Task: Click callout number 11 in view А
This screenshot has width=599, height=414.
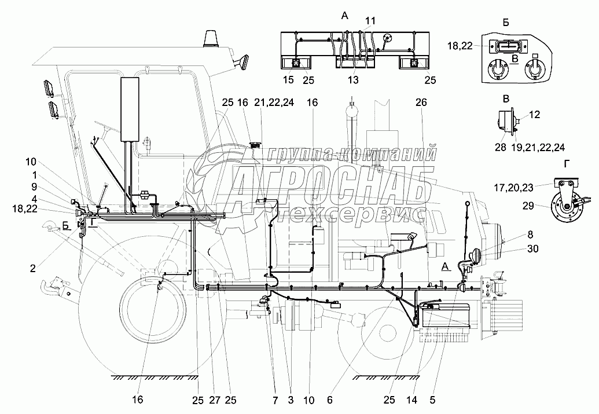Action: pyautogui.click(x=370, y=20)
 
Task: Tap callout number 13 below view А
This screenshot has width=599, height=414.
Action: pyautogui.click(x=353, y=79)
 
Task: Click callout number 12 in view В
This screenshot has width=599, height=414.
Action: pyautogui.click(x=534, y=115)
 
